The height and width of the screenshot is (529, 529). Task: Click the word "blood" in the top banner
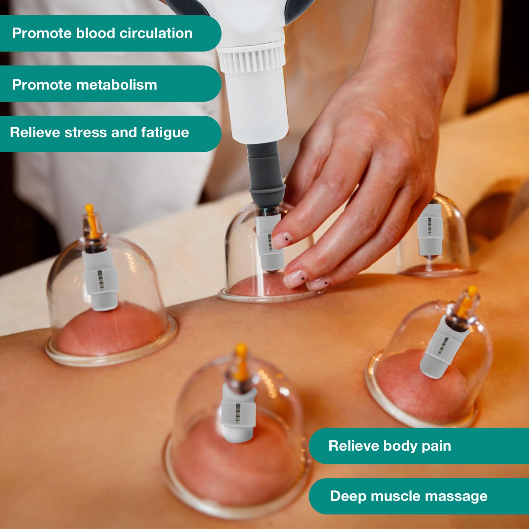click(x=96, y=33)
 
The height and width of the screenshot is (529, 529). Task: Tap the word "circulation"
click(x=156, y=33)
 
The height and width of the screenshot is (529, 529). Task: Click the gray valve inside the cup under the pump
click(x=269, y=243)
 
